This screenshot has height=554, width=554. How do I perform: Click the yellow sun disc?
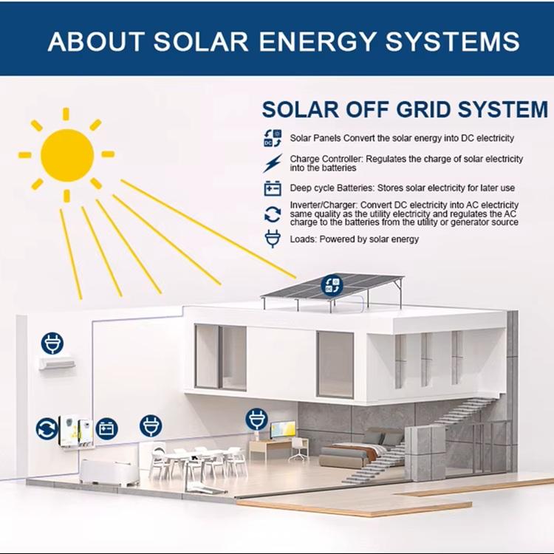[66, 154]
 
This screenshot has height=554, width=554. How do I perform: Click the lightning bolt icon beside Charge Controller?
[273, 163]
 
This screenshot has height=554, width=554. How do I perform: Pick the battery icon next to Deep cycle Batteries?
[273, 188]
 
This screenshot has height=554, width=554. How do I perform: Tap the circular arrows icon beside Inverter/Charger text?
[273, 214]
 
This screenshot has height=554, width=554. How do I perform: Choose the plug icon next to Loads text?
[273, 239]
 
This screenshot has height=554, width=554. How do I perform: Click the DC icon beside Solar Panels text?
[273, 137]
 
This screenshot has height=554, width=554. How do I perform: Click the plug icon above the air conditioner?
[52, 343]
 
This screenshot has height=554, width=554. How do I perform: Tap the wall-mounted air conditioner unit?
[57, 363]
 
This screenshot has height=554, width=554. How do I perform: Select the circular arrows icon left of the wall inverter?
[47, 428]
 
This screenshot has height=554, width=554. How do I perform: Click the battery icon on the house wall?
[106, 428]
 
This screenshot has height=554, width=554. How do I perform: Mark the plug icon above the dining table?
[151, 425]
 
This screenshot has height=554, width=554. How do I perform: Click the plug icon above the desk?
[256, 420]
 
